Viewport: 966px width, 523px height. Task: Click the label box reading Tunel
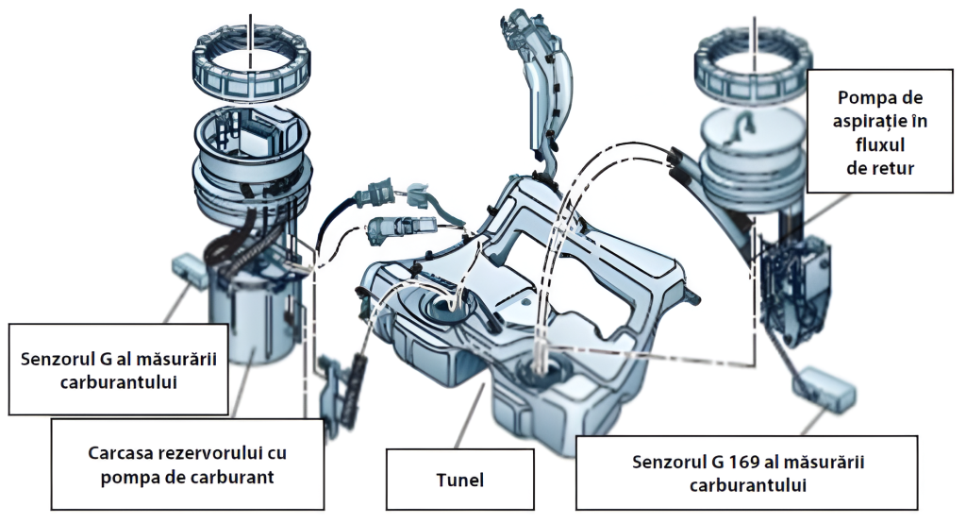point(461,480)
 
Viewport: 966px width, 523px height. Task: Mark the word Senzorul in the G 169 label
point(664,463)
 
